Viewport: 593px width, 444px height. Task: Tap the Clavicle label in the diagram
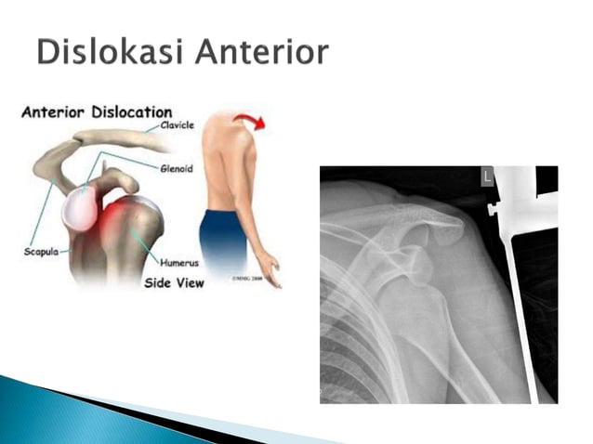(177, 126)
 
